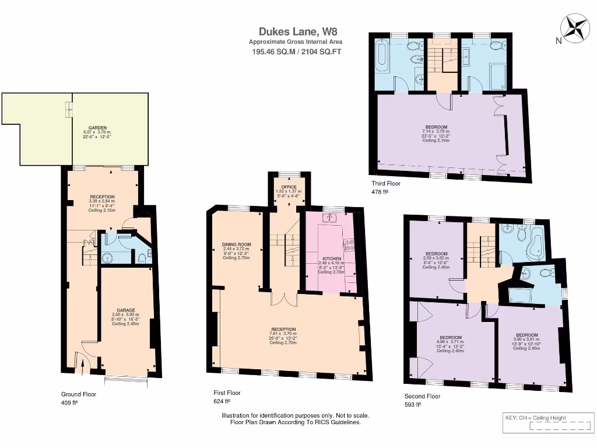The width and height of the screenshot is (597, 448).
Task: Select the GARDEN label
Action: tap(98, 127)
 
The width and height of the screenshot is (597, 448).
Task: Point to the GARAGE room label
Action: tap(126, 310)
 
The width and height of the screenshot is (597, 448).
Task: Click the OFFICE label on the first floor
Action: tap(289, 187)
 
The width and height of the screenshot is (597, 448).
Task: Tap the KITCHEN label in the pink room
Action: tap(332, 258)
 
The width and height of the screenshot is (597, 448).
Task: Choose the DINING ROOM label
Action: tap(236, 244)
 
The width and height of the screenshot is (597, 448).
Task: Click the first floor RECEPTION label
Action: tap(283, 329)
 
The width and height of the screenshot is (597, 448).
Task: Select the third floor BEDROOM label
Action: tap(436, 127)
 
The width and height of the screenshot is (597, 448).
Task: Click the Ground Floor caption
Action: tap(79, 394)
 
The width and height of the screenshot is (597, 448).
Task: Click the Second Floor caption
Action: tap(423, 396)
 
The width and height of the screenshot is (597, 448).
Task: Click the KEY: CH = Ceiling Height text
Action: tap(536, 418)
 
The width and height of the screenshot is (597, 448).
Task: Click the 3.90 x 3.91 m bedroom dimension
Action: tap(525, 339)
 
